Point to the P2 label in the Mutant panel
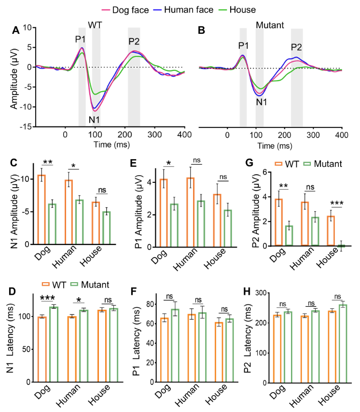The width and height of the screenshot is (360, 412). (x=296, y=47)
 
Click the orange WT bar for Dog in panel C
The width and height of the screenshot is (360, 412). (x=42, y=210)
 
